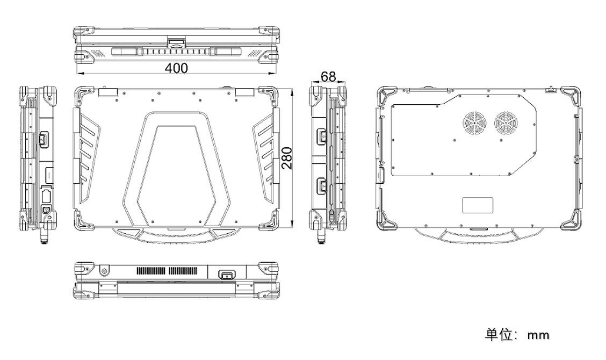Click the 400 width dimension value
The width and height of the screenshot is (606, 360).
[176, 68]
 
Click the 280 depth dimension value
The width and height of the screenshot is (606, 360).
[287, 158]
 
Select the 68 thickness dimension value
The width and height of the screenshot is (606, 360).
[328, 76]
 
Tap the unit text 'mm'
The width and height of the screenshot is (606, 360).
[538, 335]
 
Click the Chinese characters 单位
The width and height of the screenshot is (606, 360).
[499, 335]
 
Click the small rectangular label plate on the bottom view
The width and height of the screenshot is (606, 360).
[478, 205]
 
